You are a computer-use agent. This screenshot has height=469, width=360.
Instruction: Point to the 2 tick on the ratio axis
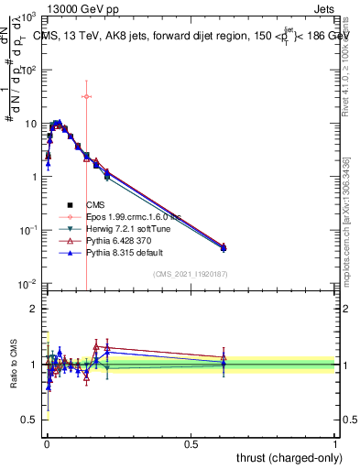click(x=33, y=309)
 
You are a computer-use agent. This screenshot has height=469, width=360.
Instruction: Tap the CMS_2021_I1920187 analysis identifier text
click(x=190, y=274)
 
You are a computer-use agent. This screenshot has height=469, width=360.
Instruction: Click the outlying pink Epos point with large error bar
click(x=86, y=96)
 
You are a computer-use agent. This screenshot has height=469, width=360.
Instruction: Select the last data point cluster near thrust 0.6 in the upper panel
click(x=224, y=247)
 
